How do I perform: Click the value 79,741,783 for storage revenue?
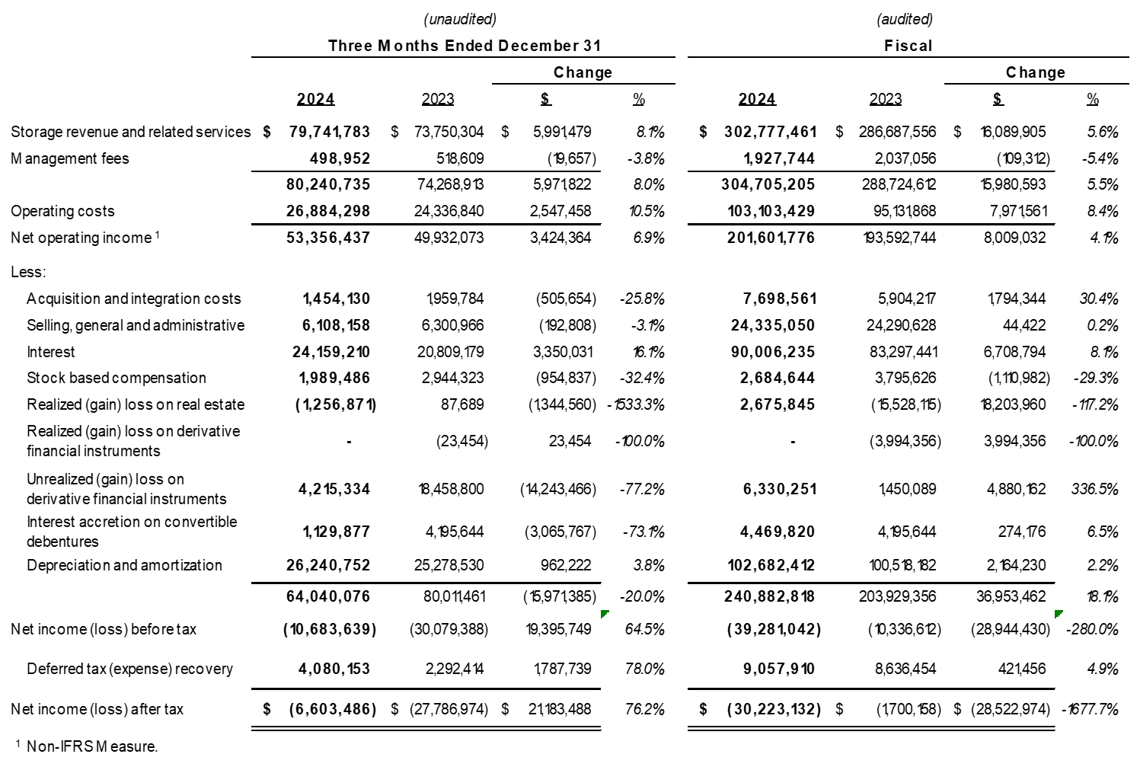(329, 132)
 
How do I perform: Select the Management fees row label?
(69, 158)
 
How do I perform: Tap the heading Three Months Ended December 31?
(464, 46)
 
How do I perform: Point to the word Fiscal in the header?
(908, 46)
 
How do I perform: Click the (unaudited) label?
(460, 19)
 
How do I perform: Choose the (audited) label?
(904, 19)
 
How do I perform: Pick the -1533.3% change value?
(637, 404)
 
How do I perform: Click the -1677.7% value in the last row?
(1090, 709)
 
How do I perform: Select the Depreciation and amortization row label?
(124, 565)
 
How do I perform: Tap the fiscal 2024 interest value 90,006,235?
(777, 352)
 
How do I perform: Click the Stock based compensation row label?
(117, 378)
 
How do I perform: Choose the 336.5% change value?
(1094, 489)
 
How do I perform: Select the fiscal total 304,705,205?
(768, 184)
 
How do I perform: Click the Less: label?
(28, 272)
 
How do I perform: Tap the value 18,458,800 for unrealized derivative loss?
(451, 489)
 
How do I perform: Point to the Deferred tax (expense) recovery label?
(129, 669)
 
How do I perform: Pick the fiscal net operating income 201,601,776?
(771, 238)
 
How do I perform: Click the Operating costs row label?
(62, 211)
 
